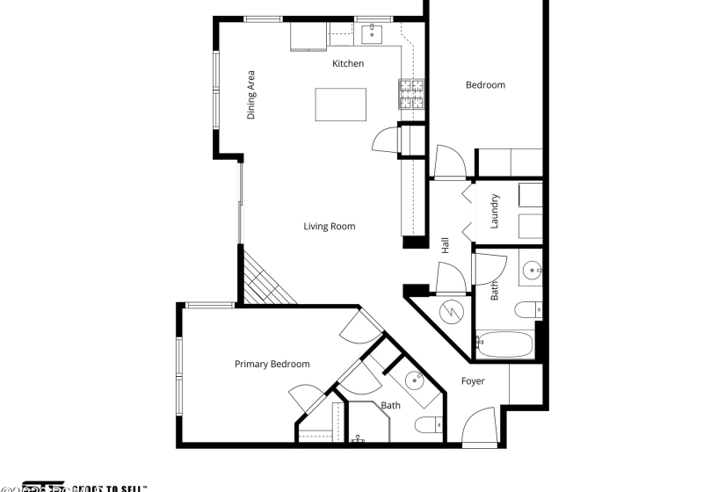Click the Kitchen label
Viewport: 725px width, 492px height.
[347, 63]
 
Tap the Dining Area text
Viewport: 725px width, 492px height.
[251, 95]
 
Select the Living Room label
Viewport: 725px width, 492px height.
[330, 227]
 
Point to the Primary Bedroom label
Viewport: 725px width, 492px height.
[272, 364]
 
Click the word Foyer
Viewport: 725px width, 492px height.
[473, 381]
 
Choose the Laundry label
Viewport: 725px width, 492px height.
[495, 211]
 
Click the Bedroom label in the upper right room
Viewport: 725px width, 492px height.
[485, 85]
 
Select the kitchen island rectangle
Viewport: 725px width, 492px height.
[342, 105]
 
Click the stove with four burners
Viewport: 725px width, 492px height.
[411, 94]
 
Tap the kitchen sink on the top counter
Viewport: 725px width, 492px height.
[373, 35]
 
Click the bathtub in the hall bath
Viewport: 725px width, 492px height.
[504, 344]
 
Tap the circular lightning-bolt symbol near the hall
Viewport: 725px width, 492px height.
[450, 311]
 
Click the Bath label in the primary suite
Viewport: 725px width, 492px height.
[390, 406]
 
